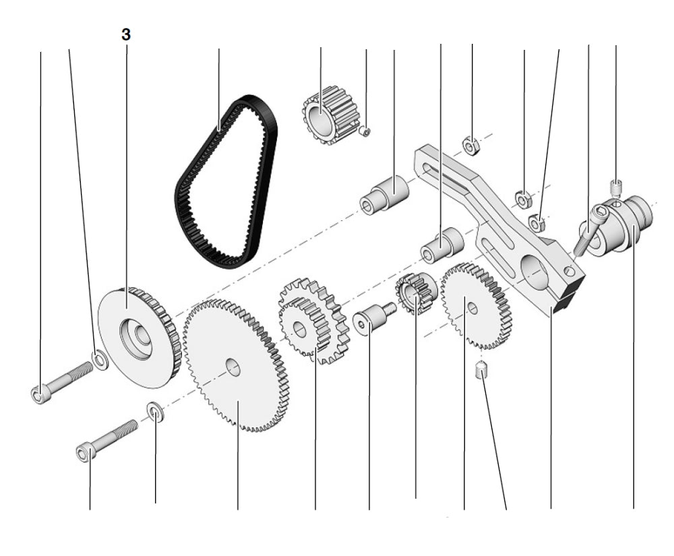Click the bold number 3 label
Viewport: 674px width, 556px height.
click(126, 35)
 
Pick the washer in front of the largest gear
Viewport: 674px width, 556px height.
click(154, 411)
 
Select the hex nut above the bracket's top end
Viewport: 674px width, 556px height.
click(471, 144)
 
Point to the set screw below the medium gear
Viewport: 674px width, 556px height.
click(481, 371)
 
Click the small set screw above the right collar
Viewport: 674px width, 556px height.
click(615, 185)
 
